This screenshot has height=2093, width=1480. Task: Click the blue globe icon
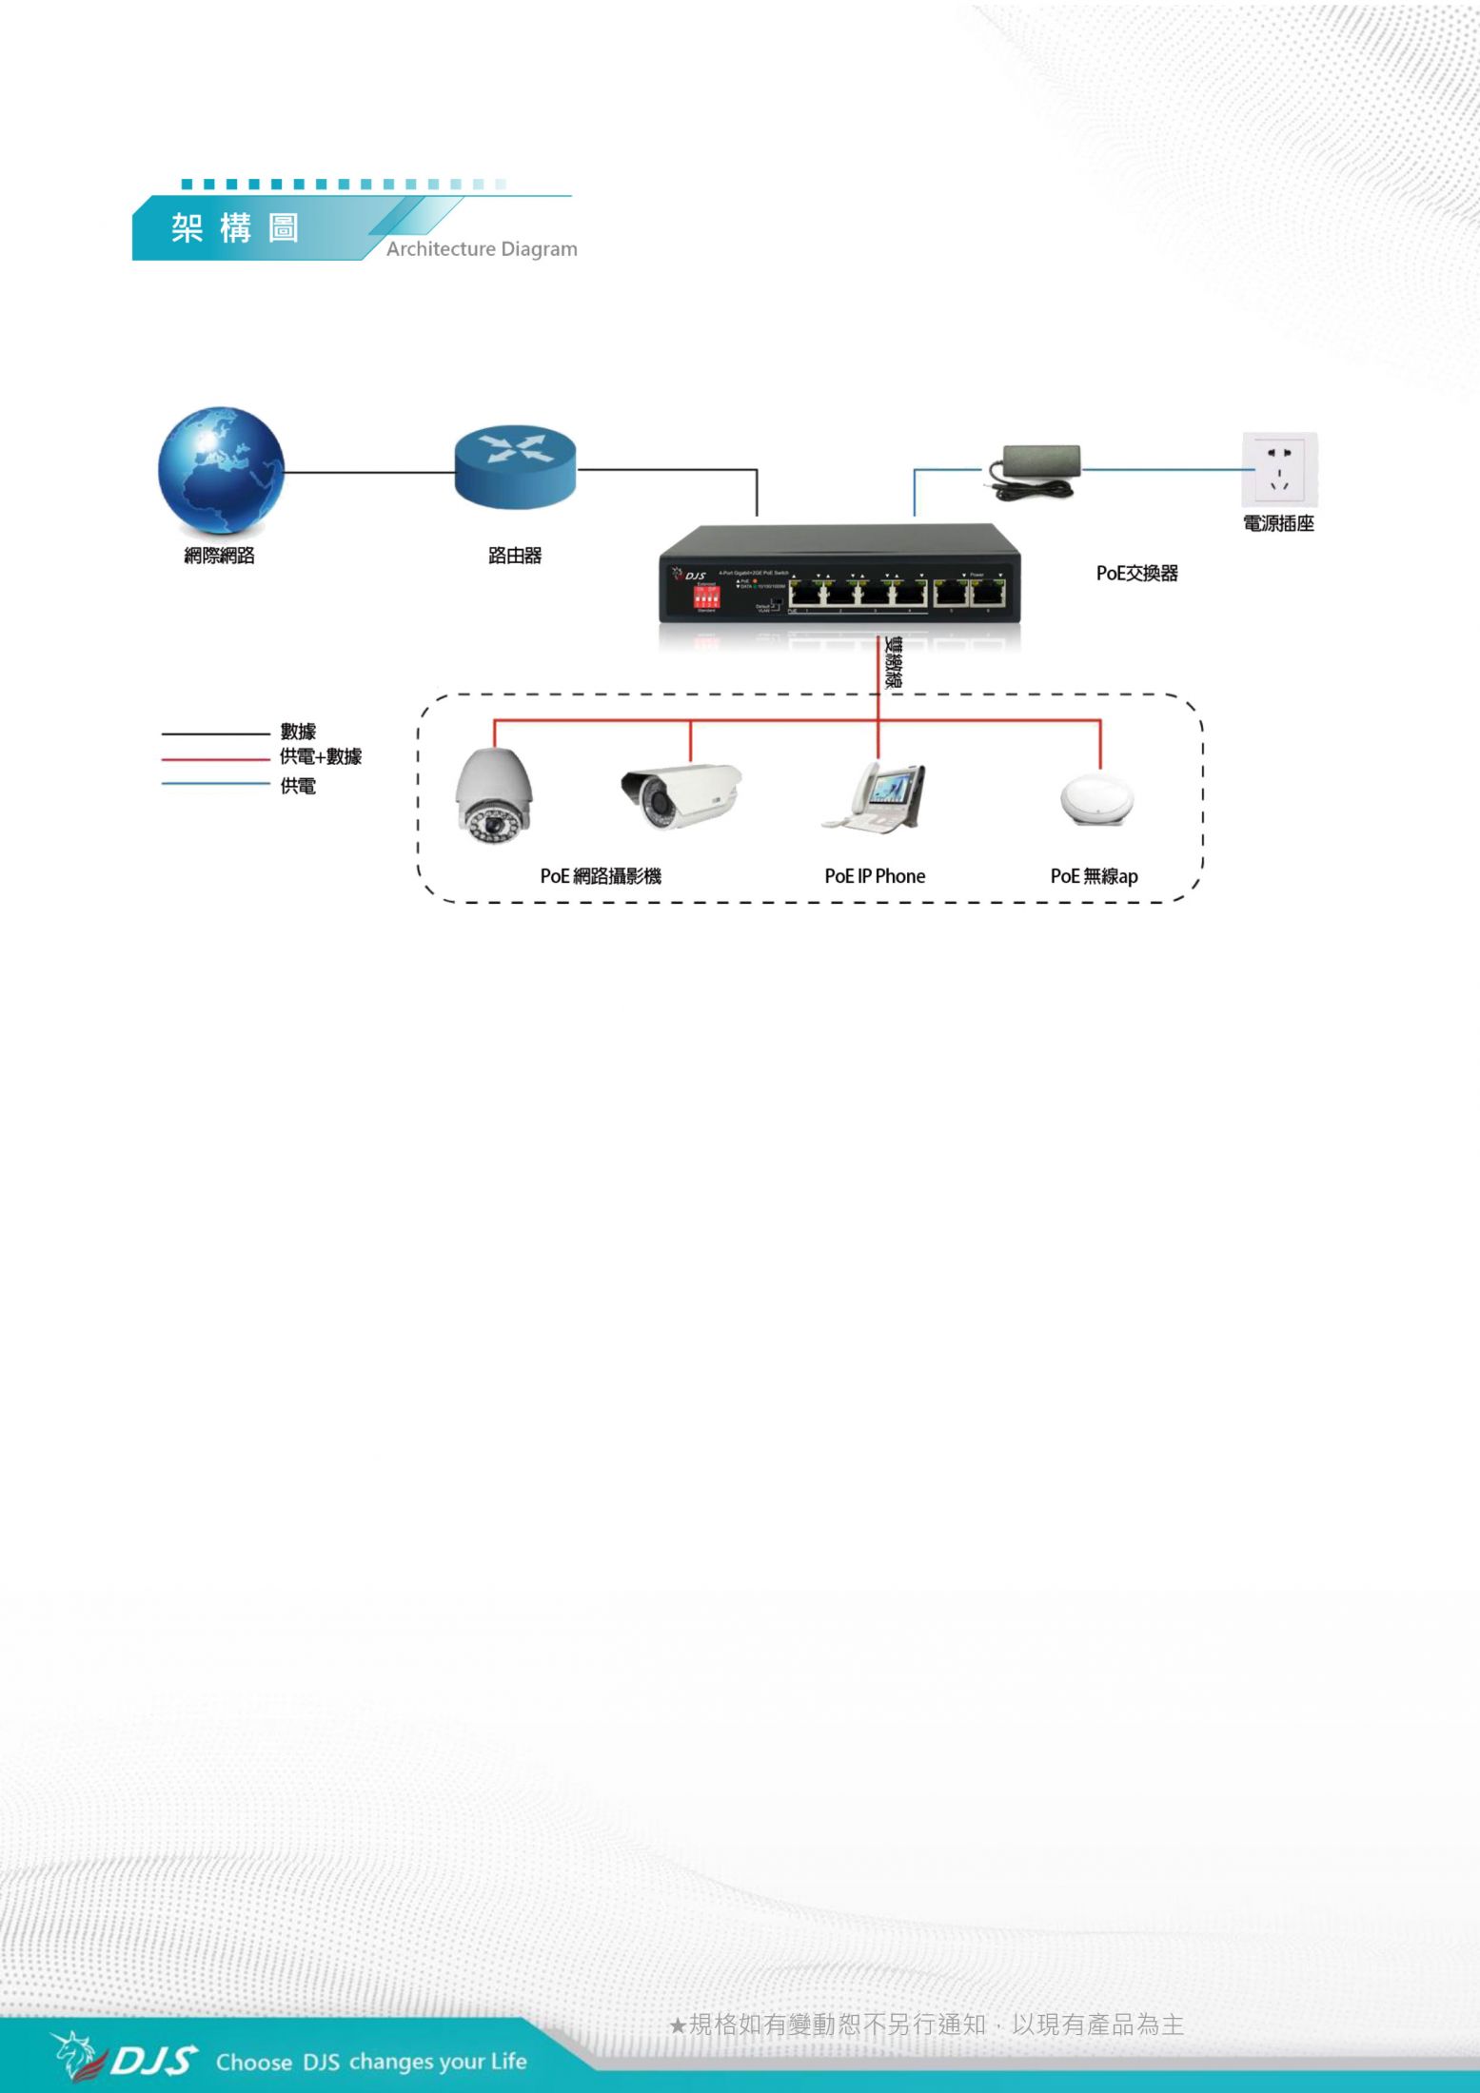pyautogui.click(x=221, y=472)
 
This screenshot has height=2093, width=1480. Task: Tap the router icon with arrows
pyautogui.click(x=515, y=465)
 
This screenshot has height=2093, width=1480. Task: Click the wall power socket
pyautogui.click(x=1279, y=470)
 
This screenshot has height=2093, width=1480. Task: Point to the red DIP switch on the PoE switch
pyautogui.click(x=707, y=597)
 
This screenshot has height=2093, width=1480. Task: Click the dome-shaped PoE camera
pyautogui.click(x=492, y=796)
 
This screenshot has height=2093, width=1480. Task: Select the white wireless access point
pyautogui.click(x=1098, y=801)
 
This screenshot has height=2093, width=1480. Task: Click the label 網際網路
pyautogui.click(x=220, y=556)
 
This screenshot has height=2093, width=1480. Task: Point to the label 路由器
pyautogui.click(x=515, y=556)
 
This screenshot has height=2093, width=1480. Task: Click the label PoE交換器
pyautogui.click(x=1136, y=574)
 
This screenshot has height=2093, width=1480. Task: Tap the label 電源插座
pyautogui.click(x=1278, y=523)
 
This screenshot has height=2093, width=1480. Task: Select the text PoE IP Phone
pyautogui.click(x=875, y=876)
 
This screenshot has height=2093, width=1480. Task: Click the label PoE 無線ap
pyautogui.click(x=1094, y=876)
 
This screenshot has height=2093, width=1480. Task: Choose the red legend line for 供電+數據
pyautogui.click(x=216, y=759)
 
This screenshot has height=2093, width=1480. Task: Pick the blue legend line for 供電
pyautogui.click(x=216, y=784)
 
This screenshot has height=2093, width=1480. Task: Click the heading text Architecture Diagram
pyautogui.click(x=482, y=249)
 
